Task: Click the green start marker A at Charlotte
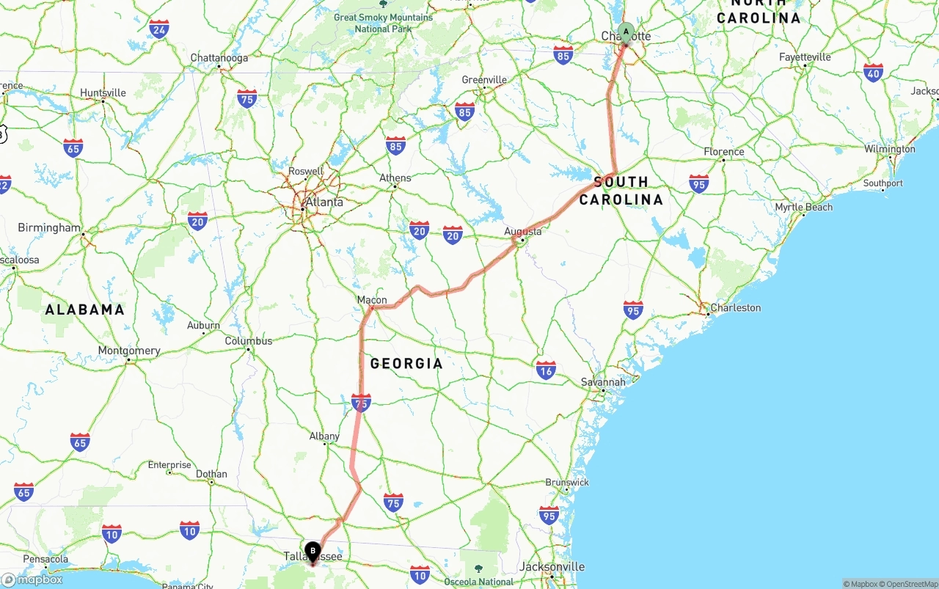pos(626,32)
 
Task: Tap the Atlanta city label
pos(324,202)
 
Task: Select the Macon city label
pos(372,299)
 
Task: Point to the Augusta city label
pos(523,231)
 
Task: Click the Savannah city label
pos(603,381)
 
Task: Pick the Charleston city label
pos(735,307)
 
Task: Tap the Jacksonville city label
pos(552,566)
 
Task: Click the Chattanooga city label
pos(219,57)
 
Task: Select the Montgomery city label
pos(129,351)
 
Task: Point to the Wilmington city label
pos(890,149)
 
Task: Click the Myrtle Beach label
pos(804,207)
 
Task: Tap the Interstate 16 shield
pos(546,370)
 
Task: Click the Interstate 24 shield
pos(159,29)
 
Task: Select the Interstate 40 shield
pos(873,73)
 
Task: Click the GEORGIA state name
pos(406,363)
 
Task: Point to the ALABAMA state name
pos(85,310)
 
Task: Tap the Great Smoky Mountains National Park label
pos(383,23)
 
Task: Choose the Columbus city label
pos(249,340)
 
